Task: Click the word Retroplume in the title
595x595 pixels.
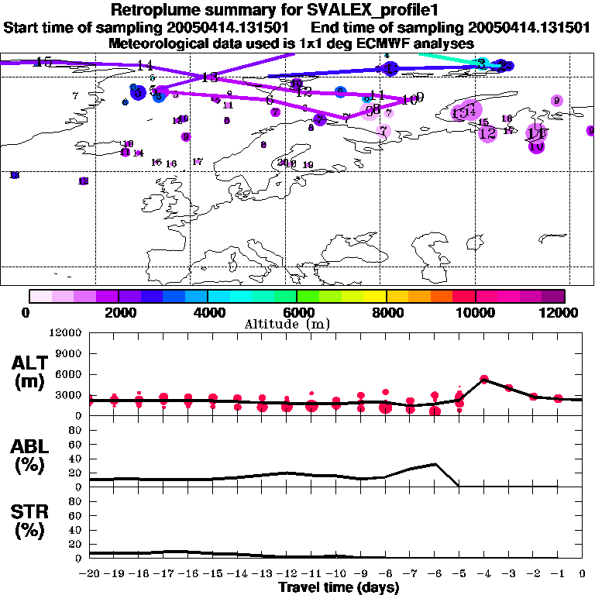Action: (159, 10)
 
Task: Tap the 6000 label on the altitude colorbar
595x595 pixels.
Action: (297, 312)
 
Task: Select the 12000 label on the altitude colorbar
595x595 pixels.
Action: (563, 312)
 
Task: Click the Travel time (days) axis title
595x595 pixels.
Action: (338, 587)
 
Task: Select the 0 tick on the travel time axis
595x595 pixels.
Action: (583, 573)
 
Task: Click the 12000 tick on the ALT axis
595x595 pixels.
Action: (66, 333)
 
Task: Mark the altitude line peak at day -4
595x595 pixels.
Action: (484, 379)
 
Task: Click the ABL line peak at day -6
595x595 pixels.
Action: (435, 464)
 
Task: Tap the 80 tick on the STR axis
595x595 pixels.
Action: (75, 501)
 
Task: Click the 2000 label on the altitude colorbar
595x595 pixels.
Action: (118, 312)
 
